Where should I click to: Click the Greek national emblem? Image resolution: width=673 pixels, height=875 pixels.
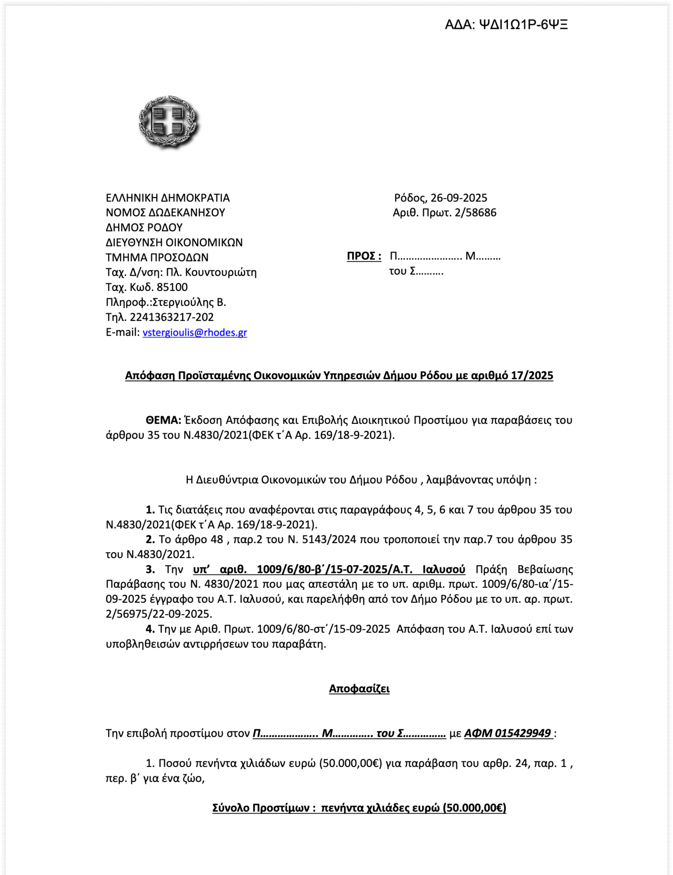(168, 122)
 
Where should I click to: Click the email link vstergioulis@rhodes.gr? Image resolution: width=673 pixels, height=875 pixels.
(195, 332)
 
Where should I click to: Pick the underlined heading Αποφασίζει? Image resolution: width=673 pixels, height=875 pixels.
(359, 688)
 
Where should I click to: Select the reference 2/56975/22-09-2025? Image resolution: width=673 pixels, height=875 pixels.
(159, 614)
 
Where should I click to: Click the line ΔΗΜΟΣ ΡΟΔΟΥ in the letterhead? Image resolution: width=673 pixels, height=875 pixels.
(144, 227)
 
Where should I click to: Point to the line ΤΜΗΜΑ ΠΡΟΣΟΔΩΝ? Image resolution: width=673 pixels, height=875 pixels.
(157, 257)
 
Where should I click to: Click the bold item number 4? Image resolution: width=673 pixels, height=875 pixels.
(150, 629)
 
